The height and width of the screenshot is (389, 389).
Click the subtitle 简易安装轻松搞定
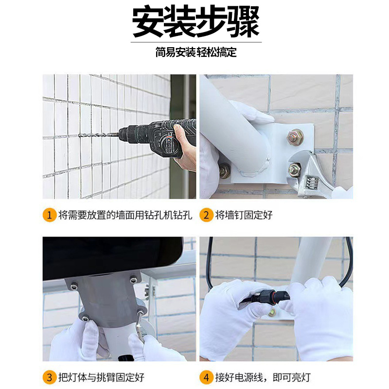tap(196, 52)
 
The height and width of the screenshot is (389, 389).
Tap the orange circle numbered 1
tap(49, 215)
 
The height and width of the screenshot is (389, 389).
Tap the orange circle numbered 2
tap(207, 215)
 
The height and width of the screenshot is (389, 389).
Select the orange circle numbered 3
tap(49, 377)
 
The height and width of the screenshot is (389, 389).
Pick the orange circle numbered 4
tap(207, 377)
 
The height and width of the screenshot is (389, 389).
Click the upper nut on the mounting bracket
tap(295, 137)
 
